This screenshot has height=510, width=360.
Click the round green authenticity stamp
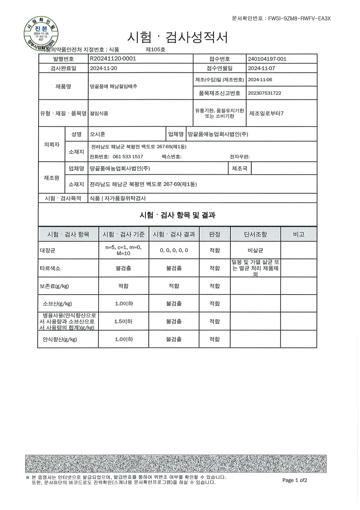[41, 34]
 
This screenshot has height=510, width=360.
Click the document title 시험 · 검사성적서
[178, 37]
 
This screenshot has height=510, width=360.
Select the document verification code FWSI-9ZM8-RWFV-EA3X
[299, 19]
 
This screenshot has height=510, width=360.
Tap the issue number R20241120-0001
[113, 59]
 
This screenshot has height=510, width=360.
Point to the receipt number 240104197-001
[267, 59]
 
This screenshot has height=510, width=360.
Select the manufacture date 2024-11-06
[260, 80]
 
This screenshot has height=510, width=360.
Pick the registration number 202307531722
[264, 93]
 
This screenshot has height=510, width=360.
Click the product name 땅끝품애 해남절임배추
[114, 86]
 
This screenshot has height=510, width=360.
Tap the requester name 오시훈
[98, 134]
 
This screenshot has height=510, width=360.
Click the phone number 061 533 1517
[128, 156]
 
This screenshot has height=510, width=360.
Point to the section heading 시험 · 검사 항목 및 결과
[178, 215]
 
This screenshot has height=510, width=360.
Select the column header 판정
[214, 234]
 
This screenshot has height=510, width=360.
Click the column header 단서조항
[255, 234]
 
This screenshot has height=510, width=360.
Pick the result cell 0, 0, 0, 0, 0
[174, 250]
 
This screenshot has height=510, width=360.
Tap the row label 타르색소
[50, 268]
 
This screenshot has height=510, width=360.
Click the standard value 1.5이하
[123, 321]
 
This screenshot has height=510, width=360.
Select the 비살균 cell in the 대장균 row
[255, 250]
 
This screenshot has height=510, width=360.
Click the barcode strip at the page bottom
[176, 464]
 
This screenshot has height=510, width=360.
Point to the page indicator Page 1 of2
[295, 480]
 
